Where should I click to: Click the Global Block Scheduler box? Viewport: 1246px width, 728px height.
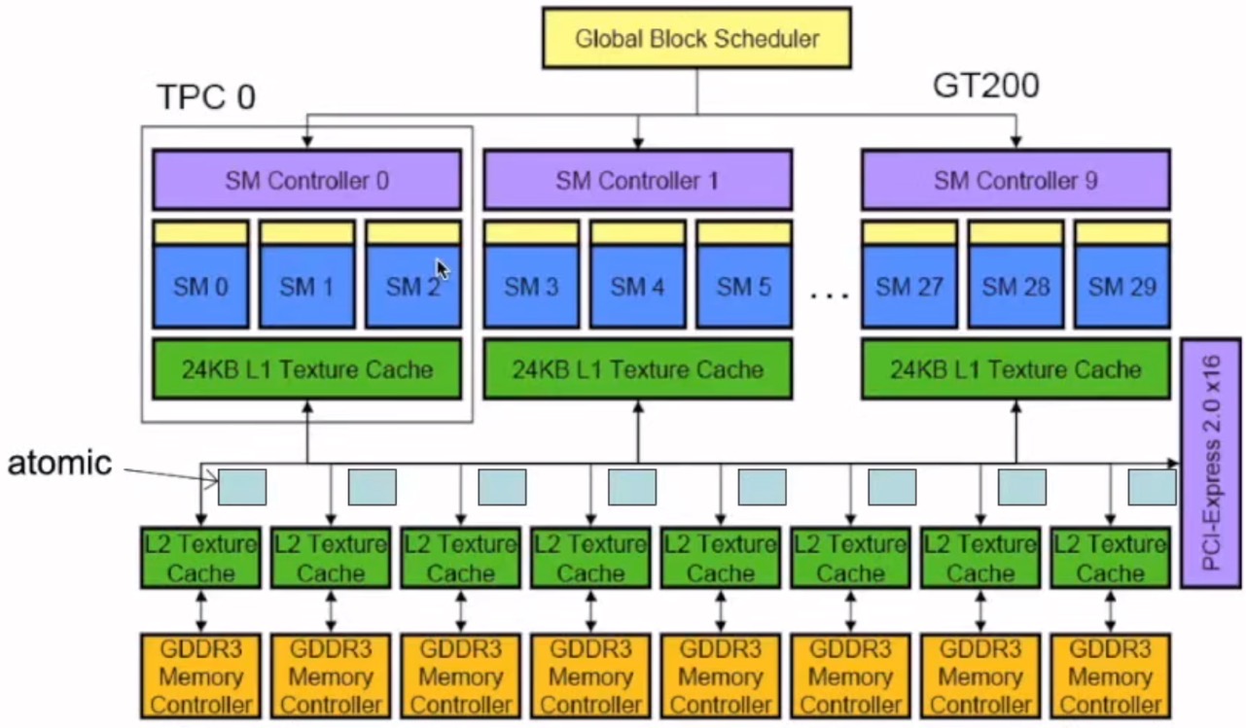click(696, 39)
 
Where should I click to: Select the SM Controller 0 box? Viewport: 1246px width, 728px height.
click(306, 180)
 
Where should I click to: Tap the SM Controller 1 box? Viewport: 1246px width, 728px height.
click(637, 180)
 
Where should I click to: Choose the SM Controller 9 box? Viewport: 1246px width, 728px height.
click(1015, 180)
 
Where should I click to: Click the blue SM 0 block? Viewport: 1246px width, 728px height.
click(200, 287)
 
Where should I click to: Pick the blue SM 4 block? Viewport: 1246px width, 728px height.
click(637, 287)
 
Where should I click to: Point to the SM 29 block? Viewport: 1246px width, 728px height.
click(1121, 287)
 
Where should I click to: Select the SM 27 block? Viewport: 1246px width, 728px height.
click(909, 287)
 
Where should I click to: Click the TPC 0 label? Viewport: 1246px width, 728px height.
click(205, 96)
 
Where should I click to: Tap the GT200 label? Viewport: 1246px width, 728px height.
click(985, 87)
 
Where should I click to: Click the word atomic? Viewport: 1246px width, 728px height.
click(59, 464)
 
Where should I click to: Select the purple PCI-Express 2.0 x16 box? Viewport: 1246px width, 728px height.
click(1211, 463)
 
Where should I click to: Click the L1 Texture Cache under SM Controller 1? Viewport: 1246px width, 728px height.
click(637, 369)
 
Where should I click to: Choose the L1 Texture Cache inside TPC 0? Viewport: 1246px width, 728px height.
click(306, 369)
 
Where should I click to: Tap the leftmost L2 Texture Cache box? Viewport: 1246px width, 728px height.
click(200, 558)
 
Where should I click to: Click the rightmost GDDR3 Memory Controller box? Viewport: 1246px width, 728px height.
click(1111, 676)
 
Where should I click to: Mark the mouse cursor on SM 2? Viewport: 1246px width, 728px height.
click(442, 268)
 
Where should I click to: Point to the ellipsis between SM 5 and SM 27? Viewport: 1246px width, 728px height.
click(829, 293)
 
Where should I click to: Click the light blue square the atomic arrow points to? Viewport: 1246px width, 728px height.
click(242, 487)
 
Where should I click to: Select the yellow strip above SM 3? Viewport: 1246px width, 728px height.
click(531, 233)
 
